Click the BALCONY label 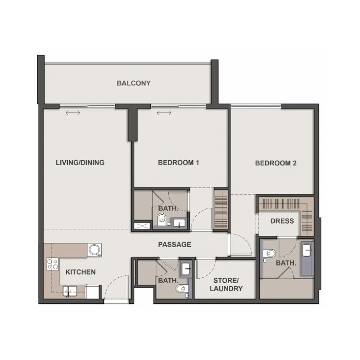133,83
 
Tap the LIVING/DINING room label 80,162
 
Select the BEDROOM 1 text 179,162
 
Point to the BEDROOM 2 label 276,163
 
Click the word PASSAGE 175,245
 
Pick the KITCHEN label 81,272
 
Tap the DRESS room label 282,221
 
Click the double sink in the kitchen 69,291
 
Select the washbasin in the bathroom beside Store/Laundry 186,270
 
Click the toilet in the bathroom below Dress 270,254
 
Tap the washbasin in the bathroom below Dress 307,248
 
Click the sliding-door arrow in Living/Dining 73,112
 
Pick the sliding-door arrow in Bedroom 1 164,112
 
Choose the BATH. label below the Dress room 286,263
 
